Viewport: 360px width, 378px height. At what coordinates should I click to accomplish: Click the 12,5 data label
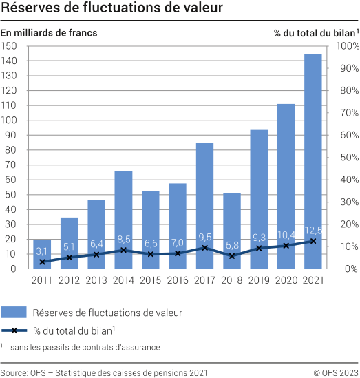click(x=313, y=229)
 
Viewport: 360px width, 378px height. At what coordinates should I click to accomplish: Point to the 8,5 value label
click(x=123, y=239)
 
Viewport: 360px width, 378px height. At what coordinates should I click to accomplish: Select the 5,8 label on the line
click(x=232, y=245)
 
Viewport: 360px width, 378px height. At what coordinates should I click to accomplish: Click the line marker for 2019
click(x=259, y=248)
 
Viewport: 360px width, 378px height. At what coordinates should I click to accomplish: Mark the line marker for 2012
click(x=70, y=258)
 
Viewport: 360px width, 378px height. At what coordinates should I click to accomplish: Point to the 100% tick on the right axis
click(x=347, y=46)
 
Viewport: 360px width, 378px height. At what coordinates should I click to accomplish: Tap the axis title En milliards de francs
click(x=49, y=32)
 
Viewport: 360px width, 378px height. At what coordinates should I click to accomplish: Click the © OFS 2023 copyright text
click(x=336, y=372)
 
